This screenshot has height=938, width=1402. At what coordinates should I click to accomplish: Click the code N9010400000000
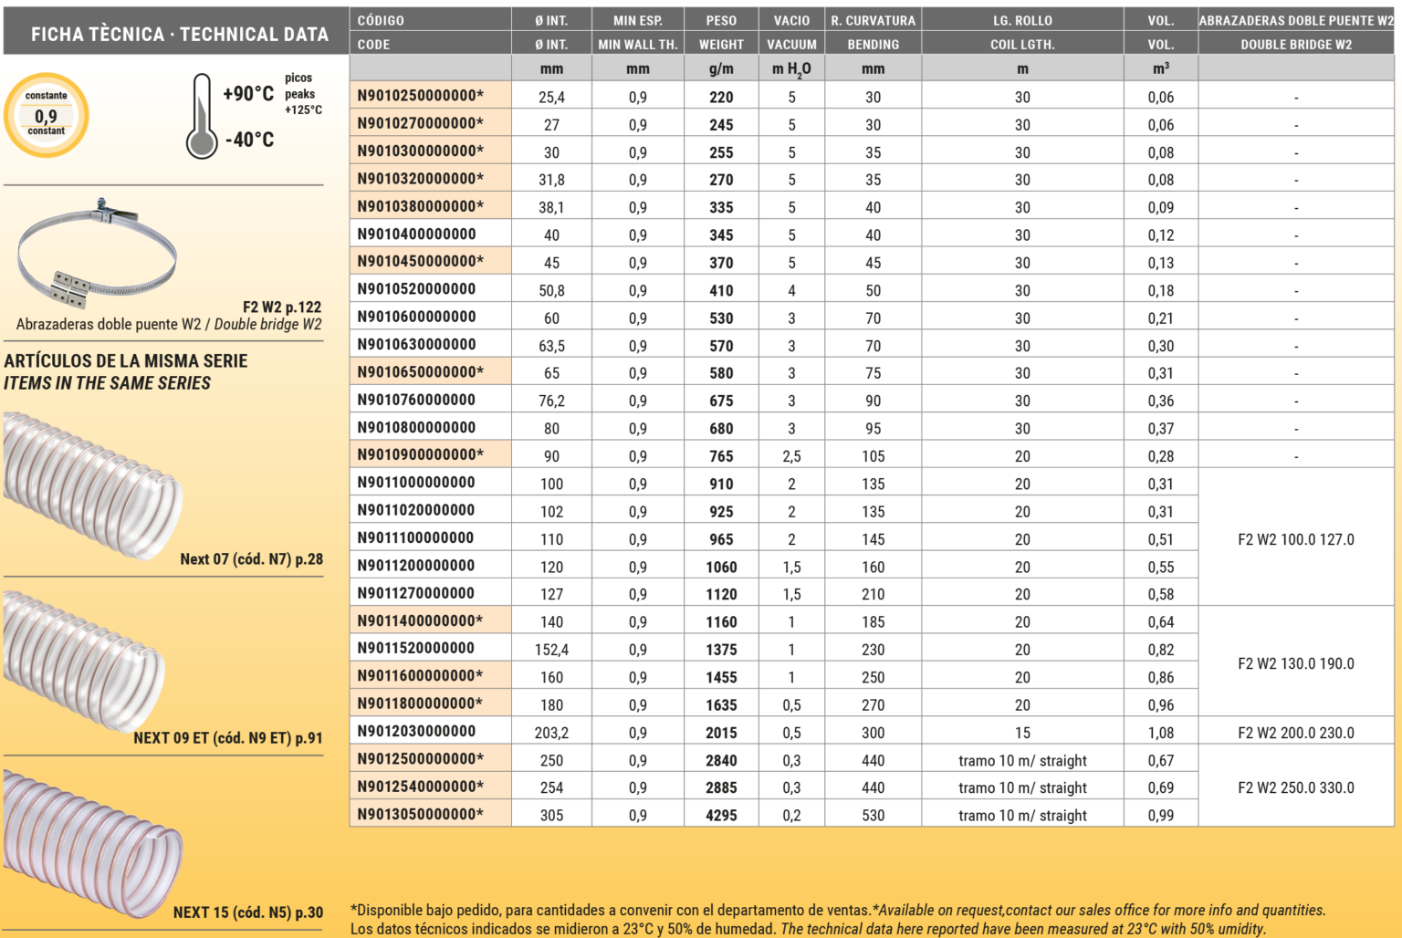416,234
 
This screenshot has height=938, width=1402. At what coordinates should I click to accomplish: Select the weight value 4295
721,815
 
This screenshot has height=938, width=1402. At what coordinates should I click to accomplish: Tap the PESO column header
721,20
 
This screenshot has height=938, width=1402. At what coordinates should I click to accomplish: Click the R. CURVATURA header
873,20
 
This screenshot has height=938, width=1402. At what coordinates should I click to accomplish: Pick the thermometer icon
202,117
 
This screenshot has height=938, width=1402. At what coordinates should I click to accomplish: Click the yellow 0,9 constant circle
47,116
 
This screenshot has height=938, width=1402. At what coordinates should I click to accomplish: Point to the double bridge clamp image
97,253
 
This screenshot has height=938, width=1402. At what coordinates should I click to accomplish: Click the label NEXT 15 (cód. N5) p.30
247,912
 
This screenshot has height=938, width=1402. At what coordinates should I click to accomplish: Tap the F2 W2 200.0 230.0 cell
1295,732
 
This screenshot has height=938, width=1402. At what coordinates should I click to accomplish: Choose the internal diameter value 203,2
551,732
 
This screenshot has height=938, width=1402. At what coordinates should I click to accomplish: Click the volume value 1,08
1160,732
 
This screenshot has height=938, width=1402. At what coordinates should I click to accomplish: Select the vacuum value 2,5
791,455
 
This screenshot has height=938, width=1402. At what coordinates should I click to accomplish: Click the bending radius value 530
873,815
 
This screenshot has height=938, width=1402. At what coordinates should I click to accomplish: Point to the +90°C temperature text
248,93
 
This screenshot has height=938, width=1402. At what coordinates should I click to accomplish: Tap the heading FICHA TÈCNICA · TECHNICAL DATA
179,34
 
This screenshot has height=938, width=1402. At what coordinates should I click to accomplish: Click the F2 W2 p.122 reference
281,307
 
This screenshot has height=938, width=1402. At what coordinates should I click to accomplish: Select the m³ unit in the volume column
1160,68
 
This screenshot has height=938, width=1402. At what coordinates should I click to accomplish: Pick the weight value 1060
721,567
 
